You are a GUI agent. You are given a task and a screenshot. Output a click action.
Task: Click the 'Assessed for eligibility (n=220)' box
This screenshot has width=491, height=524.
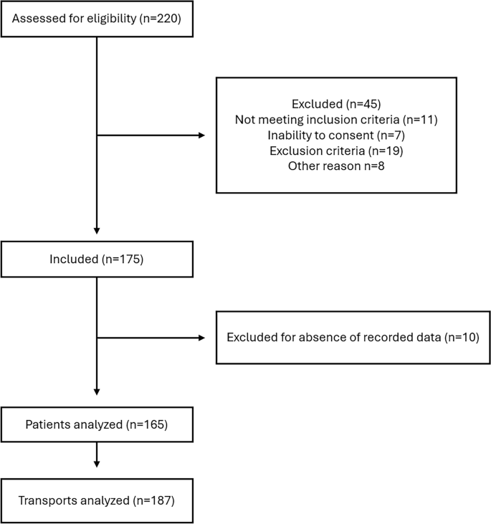click(x=97, y=19)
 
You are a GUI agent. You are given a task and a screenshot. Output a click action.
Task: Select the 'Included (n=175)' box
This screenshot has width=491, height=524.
click(x=97, y=259)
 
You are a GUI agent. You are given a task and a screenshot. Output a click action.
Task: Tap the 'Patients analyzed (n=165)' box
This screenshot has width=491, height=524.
click(x=97, y=424)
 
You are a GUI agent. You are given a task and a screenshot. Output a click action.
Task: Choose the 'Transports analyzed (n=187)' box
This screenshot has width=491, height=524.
click(x=97, y=500)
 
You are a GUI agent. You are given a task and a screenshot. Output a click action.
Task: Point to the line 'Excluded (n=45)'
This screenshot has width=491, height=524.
click(x=336, y=104)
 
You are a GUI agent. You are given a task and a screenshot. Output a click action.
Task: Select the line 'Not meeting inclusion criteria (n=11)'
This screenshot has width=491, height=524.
click(x=336, y=119)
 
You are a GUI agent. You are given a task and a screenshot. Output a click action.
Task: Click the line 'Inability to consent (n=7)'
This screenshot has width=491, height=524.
click(x=336, y=134)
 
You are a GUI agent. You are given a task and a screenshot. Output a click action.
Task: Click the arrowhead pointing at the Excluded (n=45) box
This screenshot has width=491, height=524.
click(x=201, y=135)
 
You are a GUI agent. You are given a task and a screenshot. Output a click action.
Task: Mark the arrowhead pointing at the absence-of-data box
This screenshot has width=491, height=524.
click(x=201, y=338)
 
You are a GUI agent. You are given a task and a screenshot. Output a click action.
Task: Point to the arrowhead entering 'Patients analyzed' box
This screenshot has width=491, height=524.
click(x=97, y=391)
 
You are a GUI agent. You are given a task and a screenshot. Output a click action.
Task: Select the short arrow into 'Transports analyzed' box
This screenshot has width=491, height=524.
click(x=97, y=457)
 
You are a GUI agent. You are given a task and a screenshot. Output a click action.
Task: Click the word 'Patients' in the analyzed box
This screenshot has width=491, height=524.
click(x=48, y=424)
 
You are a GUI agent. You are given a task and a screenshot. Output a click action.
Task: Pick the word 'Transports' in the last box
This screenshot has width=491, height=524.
click(x=46, y=500)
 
